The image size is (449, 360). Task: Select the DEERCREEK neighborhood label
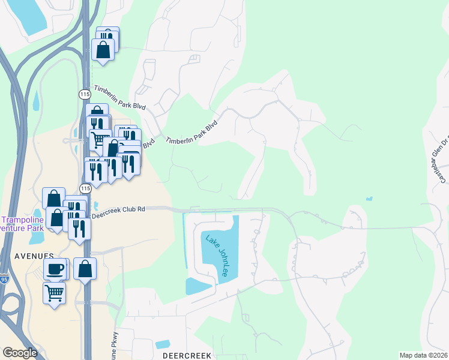(187, 356)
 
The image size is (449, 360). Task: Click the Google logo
(20, 353)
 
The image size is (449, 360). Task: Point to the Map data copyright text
(424, 355)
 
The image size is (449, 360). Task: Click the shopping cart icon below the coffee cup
(54, 293)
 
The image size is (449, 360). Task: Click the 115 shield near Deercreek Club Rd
(85, 188)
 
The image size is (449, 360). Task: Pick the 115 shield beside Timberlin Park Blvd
(84, 94)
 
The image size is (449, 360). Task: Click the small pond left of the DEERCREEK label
(161, 344)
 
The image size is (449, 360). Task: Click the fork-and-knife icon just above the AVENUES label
(79, 228)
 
